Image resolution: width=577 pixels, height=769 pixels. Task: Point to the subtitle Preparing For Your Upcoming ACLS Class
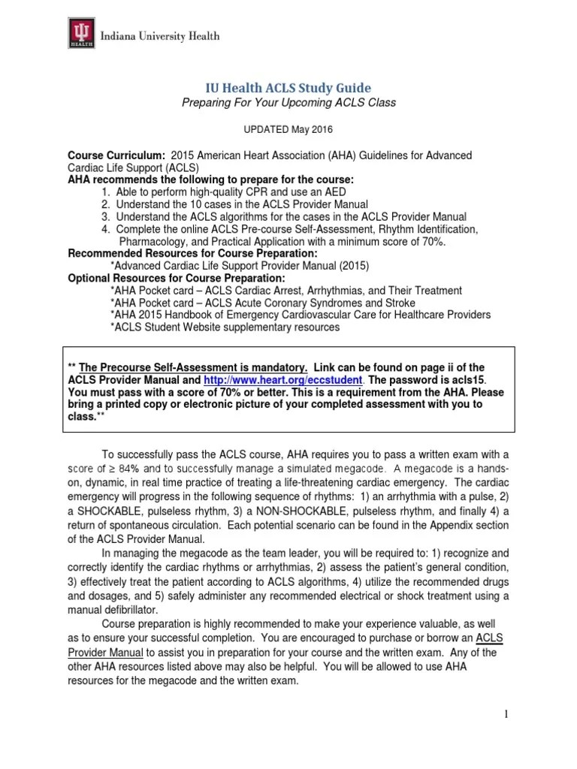point(288,102)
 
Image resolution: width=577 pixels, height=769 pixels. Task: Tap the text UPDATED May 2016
point(288,130)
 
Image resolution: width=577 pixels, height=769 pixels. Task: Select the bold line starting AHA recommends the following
point(210,179)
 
